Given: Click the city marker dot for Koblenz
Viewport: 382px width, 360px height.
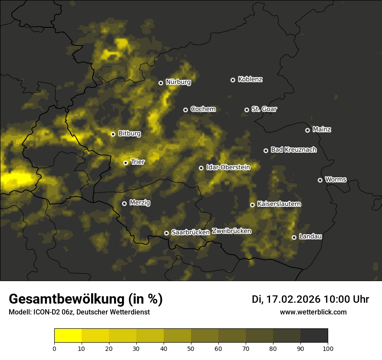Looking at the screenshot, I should (233, 80).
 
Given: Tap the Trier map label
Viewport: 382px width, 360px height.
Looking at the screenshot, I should (138, 162).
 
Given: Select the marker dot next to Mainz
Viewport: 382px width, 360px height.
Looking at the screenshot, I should (307, 130).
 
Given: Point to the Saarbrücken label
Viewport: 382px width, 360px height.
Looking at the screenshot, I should (191, 232).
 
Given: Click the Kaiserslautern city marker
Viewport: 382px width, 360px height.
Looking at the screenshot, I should (252, 205).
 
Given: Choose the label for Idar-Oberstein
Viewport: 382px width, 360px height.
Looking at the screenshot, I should (228, 167).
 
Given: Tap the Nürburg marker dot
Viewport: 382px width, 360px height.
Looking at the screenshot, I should (161, 83).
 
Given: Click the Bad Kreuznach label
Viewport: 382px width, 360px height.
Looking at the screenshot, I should (293, 150).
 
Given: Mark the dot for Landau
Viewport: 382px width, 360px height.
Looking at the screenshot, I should (294, 237).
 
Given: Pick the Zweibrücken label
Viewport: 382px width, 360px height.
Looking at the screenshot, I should (231, 231).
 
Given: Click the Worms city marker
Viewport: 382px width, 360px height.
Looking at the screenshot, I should (320, 180).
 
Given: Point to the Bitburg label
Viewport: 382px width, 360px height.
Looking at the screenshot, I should (129, 134).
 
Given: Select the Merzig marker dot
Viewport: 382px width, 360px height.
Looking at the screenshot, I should (124, 203).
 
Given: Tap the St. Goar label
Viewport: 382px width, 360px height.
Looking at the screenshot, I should (264, 109).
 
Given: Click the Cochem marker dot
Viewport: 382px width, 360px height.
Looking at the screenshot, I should (185, 110).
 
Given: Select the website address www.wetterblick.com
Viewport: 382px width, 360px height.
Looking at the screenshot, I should (313, 312).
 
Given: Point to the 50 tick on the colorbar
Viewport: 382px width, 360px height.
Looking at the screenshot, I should (191, 348).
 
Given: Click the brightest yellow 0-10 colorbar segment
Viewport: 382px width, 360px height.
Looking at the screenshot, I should (68, 335).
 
